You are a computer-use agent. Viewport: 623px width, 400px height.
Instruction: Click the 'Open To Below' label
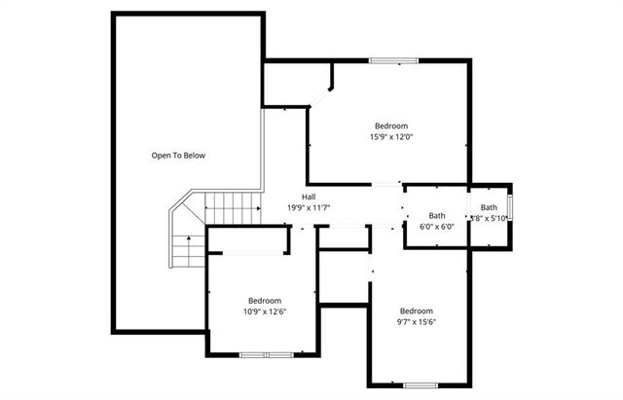[177, 156]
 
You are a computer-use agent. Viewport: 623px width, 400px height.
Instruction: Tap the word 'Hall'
[309, 197]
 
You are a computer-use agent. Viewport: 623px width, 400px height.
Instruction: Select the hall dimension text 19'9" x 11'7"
[310, 208]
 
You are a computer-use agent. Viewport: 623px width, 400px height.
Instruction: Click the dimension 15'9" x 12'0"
[391, 137]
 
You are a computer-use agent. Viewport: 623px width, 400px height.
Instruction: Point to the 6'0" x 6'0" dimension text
[437, 227]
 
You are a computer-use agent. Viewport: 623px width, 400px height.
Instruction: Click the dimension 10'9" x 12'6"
[264, 311]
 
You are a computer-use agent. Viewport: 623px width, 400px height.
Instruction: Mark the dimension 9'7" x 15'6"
[416, 322]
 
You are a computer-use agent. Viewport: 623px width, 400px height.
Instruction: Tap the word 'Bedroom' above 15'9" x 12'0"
[391, 126]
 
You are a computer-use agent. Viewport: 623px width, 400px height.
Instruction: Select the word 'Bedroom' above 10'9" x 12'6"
[264, 300]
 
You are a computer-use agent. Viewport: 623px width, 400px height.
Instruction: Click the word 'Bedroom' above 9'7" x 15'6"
[416, 310]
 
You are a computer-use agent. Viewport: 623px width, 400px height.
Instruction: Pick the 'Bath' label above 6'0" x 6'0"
[437, 216]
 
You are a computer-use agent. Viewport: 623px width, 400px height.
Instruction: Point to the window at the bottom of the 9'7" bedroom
[420, 383]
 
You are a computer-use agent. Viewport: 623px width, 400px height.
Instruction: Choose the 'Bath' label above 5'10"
[488, 207]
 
